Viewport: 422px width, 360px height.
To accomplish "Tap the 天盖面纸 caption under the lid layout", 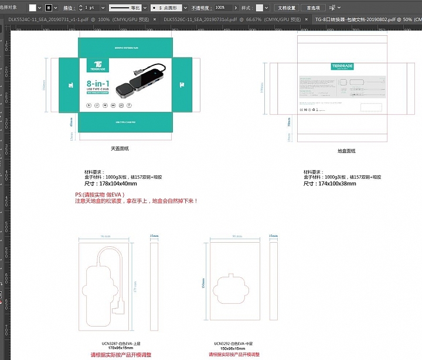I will (x=120, y=149).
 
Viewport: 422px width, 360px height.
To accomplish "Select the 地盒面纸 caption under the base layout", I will (x=346, y=151).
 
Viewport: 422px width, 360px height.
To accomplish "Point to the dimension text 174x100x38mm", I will (x=329, y=184).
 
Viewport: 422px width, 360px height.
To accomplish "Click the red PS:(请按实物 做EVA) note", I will (x=100, y=195).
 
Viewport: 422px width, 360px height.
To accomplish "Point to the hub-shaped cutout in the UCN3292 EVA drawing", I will (x=233, y=287).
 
